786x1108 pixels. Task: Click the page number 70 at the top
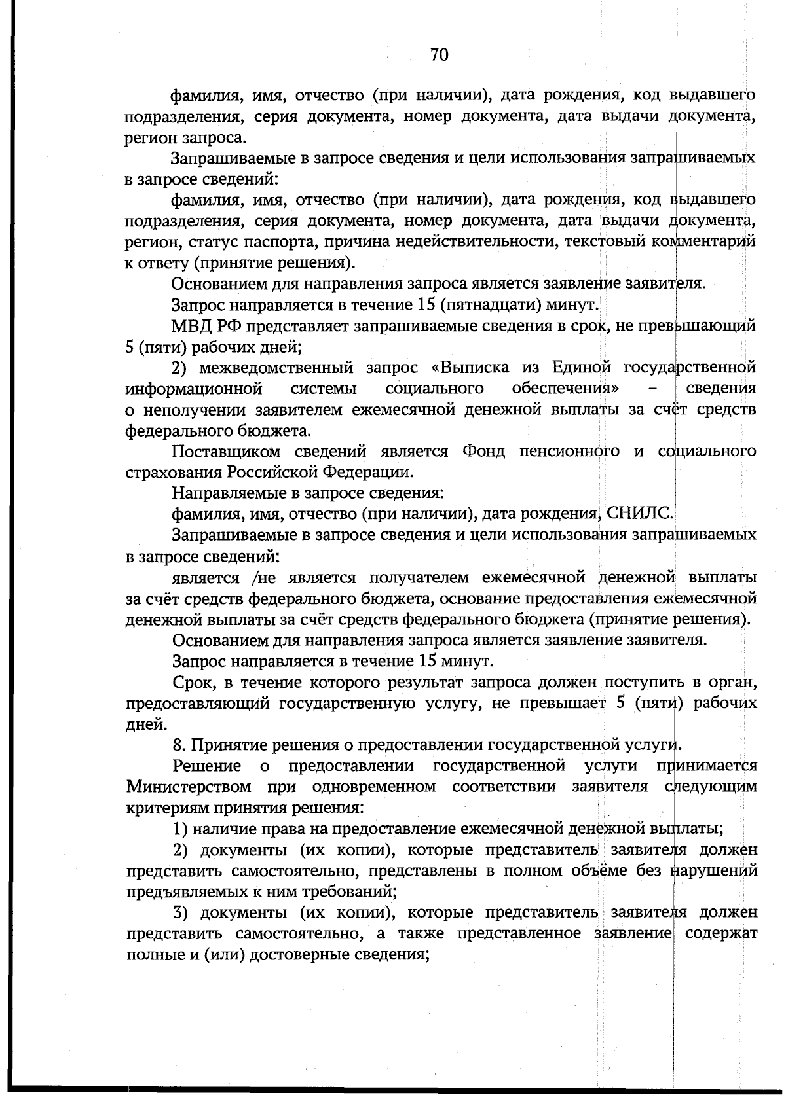click(439, 56)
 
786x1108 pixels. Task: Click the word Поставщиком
click(226, 451)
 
